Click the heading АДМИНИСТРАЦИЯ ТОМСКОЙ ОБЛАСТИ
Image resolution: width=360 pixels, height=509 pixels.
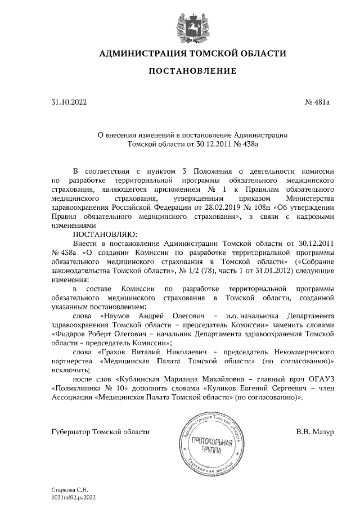pyautogui.click(x=192, y=54)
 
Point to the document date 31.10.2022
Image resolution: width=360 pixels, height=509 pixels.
pyautogui.click(x=70, y=102)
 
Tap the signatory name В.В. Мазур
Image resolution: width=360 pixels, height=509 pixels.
pyautogui.click(x=315, y=432)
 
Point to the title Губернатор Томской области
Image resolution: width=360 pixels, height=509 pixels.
pyautogui.click(x=101, y=432)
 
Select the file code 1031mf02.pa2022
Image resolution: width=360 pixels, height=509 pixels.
pyautogui.click(x=74, y=497)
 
